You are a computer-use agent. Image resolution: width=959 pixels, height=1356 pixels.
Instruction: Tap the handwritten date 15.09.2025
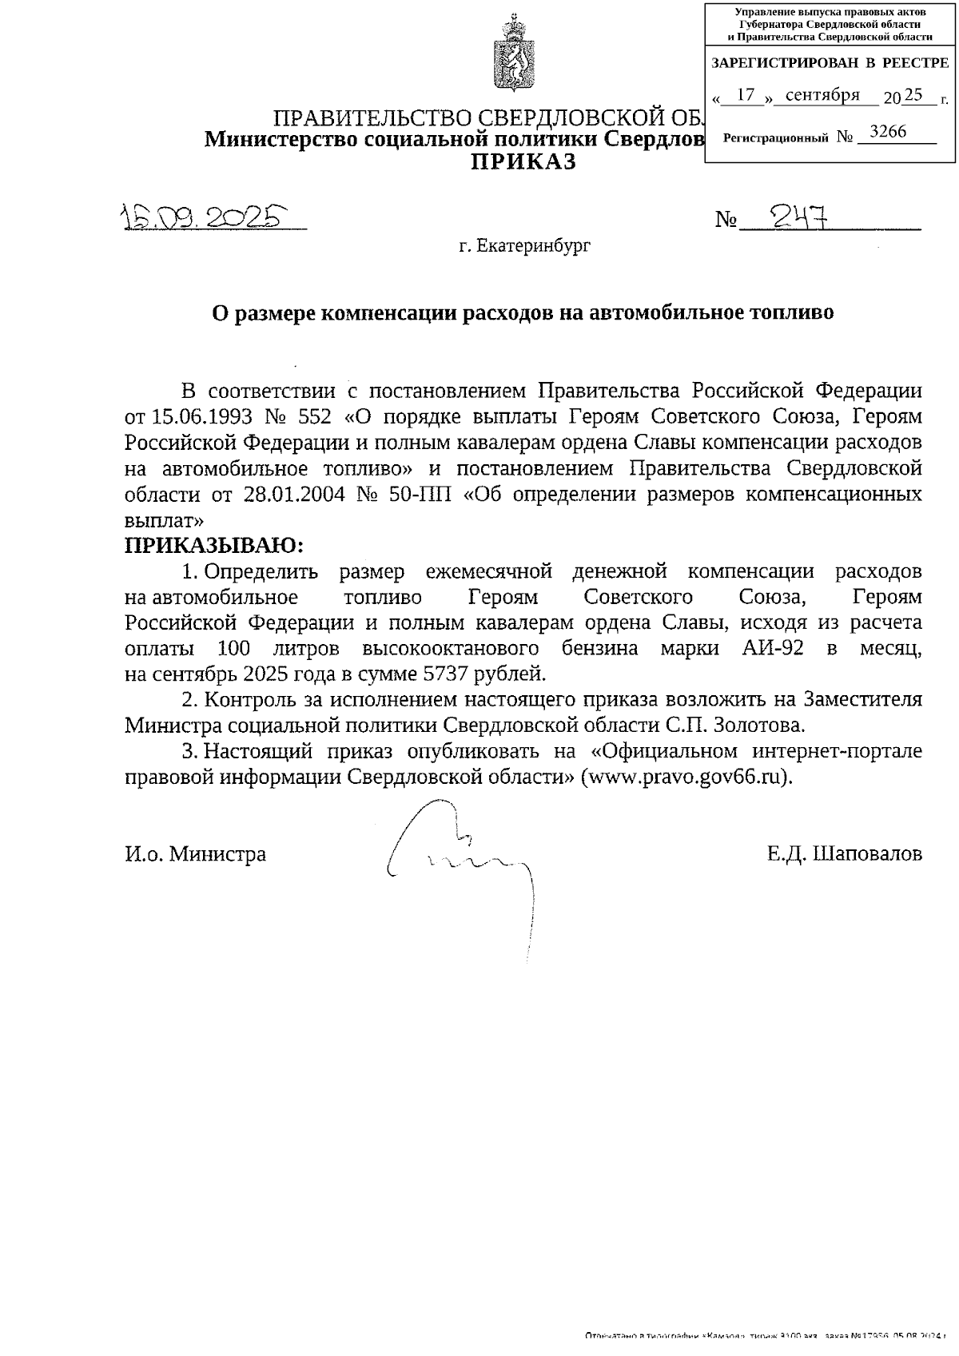(x=204, y=217)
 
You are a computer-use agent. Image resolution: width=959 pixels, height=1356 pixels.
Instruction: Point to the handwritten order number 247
(x=796, y=215)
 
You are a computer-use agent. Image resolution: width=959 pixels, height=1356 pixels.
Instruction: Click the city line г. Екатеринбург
(x=525, y=246)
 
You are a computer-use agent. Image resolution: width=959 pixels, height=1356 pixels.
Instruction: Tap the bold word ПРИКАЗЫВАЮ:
(x=214, y=546)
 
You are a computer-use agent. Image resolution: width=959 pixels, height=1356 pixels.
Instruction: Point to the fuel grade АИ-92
(x=762, y=648)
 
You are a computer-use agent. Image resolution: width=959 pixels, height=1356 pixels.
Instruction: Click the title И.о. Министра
(x=195, y=854)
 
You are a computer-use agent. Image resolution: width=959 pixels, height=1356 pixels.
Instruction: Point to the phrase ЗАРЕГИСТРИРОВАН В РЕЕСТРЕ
(x=829, y=62)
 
